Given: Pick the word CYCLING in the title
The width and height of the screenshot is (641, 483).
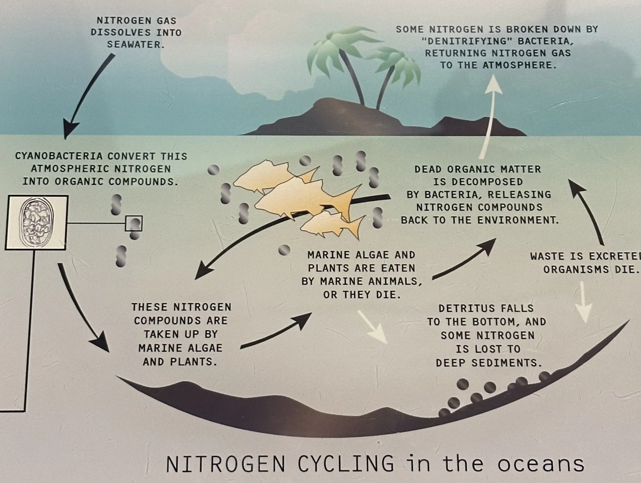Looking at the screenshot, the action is pyautogui.click(x=346, y=464).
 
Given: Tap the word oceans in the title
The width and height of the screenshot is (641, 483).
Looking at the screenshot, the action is pyautogui.click(x=541, y=464).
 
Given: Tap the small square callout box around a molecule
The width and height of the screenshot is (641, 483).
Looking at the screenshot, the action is pyautogui.click(x=134, y=223).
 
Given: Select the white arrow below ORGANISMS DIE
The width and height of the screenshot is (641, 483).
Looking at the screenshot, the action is pyautogui.click(x=584, y=303).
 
